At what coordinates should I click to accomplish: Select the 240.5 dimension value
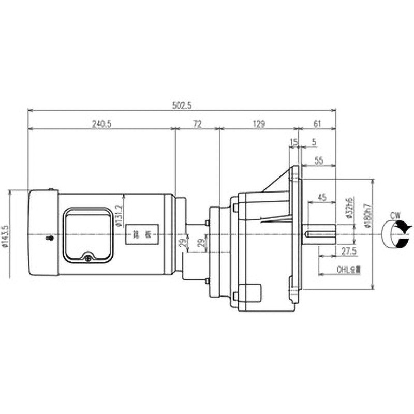102,124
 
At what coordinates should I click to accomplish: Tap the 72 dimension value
197,124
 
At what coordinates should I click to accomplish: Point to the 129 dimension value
259,124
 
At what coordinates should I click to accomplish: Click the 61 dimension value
318,124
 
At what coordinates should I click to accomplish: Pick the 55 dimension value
318,161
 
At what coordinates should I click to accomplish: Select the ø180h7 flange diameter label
367,217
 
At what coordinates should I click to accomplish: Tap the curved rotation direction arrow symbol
396,234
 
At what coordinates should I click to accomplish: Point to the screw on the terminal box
88,255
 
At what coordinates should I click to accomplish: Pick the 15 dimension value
294,141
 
